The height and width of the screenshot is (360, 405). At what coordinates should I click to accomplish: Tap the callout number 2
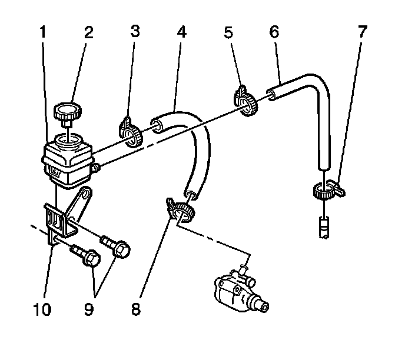pos(89,33)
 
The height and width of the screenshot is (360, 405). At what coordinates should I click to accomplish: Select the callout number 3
pos(135,33)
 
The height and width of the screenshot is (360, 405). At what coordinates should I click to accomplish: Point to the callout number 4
pos(181,33)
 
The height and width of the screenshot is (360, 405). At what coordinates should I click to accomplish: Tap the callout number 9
pos(89,308)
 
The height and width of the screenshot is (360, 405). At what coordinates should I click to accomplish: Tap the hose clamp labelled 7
pos(325,189)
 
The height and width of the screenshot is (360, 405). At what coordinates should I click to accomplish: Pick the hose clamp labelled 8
pos(179,209)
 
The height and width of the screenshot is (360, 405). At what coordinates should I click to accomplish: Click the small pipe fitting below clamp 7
pos(323,226)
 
